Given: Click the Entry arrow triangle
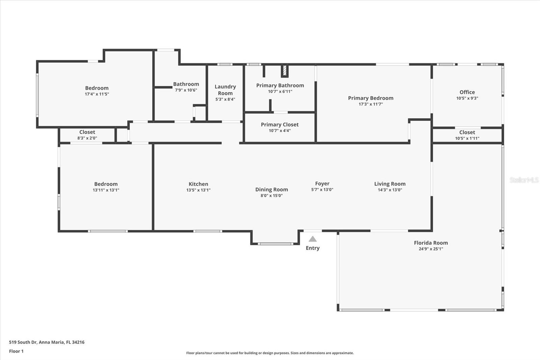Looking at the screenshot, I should (x=313, y=239).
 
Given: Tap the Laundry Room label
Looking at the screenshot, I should (x=225, y=90).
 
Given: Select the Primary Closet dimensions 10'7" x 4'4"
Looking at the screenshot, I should (x=279, y=131).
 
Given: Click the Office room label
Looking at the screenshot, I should (x=467, y=92).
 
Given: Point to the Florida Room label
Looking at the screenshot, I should (x=431, y=243).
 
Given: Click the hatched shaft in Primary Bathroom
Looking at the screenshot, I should (x=285, y=71).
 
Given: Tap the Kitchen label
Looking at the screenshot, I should (x=198, y=184).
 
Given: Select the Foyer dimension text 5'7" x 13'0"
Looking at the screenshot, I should (x=322, y=190).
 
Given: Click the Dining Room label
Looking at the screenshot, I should (x=271, y=190).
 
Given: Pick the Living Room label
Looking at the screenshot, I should (x=390, y=184).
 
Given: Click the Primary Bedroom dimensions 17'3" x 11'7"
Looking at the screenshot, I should (x=371, y=104).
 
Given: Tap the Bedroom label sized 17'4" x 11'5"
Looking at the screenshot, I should (x=97, y=88).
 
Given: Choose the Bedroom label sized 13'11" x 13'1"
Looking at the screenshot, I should (x=106, y=184).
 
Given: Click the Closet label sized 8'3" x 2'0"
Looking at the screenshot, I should (x=87, y=132).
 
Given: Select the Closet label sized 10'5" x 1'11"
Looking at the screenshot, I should (x=467, y=132).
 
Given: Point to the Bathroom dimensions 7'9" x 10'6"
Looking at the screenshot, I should (x=186, y=90).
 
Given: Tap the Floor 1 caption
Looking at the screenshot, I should (x=16, y=351).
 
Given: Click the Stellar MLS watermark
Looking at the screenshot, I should (x=524, y=180).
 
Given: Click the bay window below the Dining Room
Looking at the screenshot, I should (x=275, y=243).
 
